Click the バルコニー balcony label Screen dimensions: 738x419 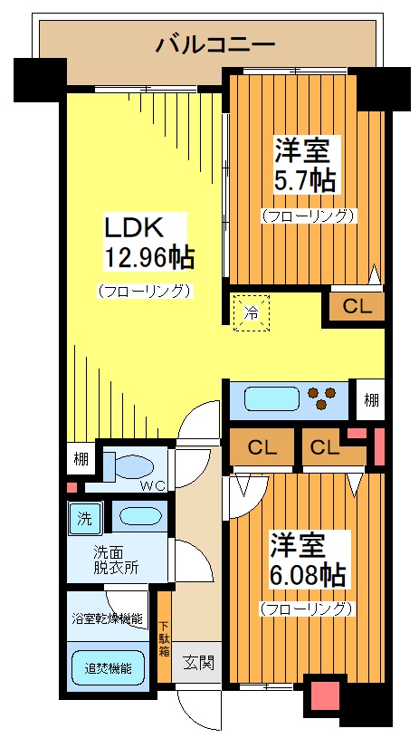click(214, 43)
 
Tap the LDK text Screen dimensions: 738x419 click(134, 225)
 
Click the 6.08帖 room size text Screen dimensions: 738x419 click(307, 574)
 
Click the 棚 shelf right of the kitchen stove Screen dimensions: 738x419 click(370, 399)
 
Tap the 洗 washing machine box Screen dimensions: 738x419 click(83, 520)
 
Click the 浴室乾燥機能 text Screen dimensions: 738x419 click(108, 619)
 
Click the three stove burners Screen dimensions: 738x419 click(322, 397)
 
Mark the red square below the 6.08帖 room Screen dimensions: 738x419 click(322, 696)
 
